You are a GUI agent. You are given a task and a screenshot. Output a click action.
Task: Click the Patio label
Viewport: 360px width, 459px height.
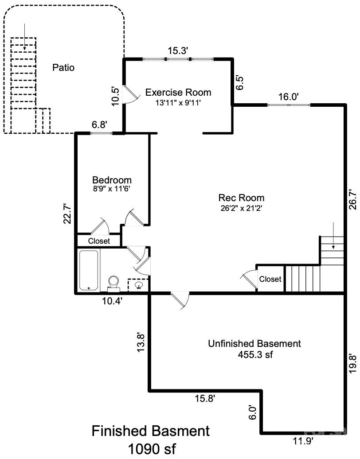point(63,68)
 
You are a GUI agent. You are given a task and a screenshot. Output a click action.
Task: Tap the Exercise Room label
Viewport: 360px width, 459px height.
point(178,92)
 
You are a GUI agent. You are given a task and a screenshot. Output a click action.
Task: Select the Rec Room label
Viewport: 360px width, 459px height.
point(241,198)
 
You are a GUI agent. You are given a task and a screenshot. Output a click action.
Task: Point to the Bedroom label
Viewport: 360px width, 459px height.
point(112,180)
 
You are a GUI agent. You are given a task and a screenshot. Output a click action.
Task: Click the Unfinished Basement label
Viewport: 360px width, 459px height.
point(254,343)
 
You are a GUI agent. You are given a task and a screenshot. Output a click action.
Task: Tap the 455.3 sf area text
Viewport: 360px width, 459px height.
point(255,354)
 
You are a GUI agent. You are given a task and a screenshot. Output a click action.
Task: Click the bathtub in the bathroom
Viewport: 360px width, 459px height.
point(89,270)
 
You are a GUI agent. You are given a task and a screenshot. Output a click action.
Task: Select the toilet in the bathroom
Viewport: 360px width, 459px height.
point(113,284)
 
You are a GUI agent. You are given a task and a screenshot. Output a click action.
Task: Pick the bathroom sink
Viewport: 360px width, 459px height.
point(138,285)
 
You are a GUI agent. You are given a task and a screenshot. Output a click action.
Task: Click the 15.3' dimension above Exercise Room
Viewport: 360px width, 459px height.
point(177,51)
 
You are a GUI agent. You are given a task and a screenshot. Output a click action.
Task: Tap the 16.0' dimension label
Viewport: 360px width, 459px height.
point(288,97)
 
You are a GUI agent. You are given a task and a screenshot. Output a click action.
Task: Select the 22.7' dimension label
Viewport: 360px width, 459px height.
point(68,214)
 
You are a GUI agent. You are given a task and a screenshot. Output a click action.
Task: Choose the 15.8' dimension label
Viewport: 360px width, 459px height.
point(205,398)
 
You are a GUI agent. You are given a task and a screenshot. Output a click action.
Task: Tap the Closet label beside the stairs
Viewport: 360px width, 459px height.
point(270,279)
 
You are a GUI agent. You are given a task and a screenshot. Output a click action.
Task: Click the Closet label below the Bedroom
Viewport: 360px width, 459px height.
point(99,241)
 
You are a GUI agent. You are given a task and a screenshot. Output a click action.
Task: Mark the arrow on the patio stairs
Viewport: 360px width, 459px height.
point(24,37)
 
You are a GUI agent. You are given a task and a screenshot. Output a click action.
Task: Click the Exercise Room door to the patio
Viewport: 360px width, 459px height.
point(130,94)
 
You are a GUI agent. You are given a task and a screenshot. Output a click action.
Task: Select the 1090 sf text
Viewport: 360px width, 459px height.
point(152,448)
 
